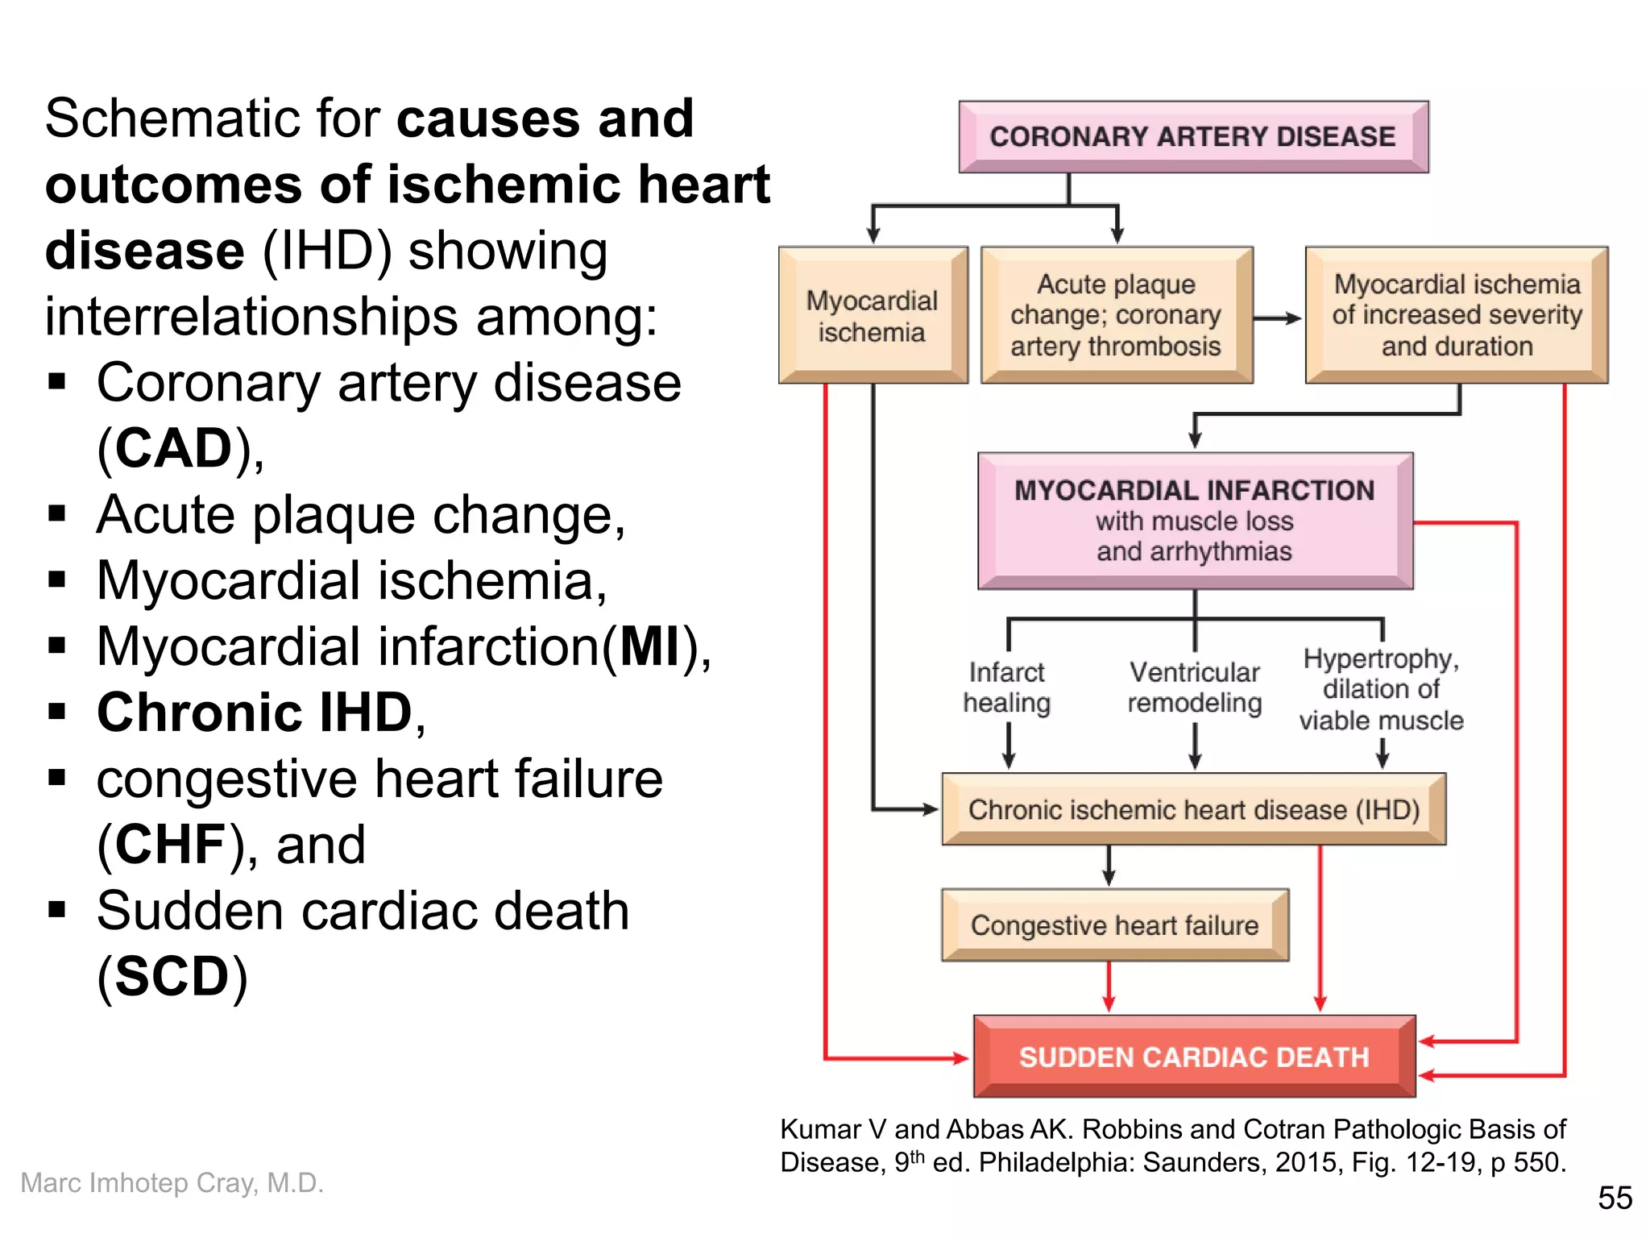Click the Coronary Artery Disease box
(1192, 137)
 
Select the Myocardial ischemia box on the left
(873, 316)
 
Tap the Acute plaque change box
(1116, 315)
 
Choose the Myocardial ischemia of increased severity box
(1456, 315)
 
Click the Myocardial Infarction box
(1195, 521)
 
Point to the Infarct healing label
(1007, 688)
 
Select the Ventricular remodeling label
(1195, 688)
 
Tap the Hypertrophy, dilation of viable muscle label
(1381, 689)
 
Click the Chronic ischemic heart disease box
(1193, 809)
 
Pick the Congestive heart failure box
(1114, 925)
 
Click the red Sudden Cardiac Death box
(1194, 1057)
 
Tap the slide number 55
(1615, 1198)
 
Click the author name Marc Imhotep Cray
(172, 1182)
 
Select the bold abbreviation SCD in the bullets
(172, 976)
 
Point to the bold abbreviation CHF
(170, 845)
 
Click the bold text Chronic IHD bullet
(255, 712)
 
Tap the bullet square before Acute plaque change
(57, 513)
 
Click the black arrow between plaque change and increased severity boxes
(1278, 318)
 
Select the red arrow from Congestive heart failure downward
(1109, 987)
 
